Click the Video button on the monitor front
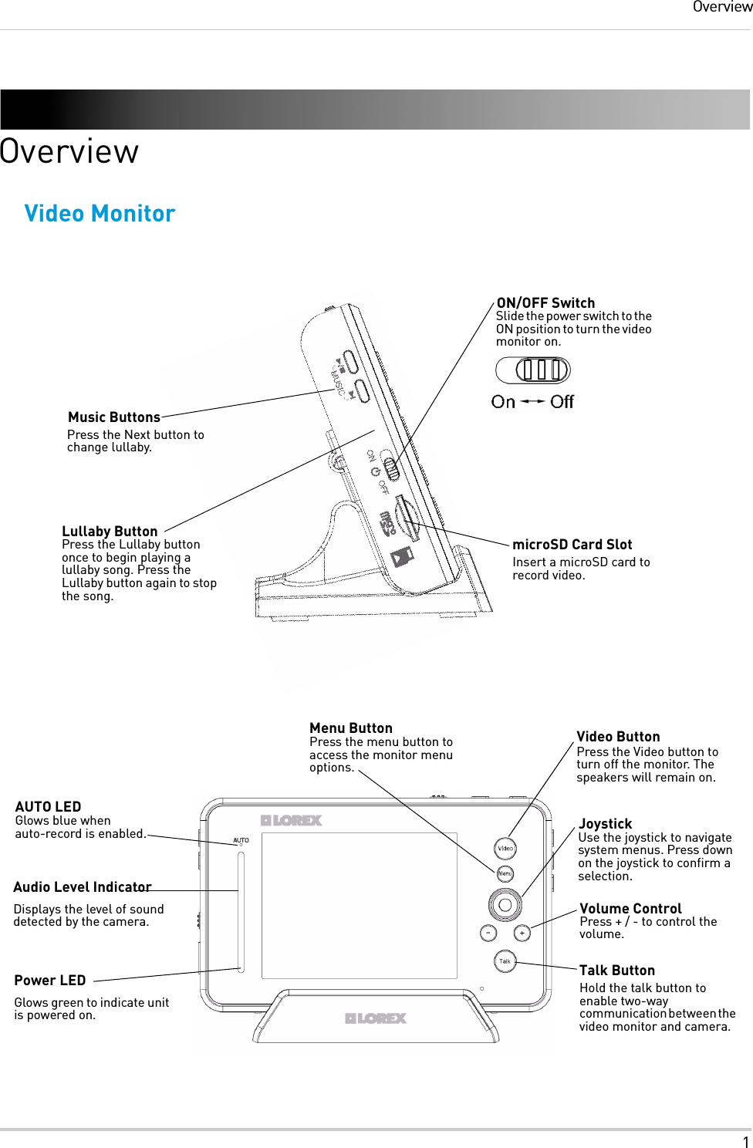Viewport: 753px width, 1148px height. (505, 848)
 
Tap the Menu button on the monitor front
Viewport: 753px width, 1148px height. (505, 873)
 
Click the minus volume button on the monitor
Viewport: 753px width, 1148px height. (488, 933)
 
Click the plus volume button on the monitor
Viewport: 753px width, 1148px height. (522, 933)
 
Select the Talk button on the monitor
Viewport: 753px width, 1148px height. (505, 961)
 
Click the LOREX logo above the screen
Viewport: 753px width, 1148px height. (291, 820)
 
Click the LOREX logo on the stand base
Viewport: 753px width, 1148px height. (376, 1018)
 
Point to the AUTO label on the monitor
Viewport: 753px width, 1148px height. (241, 840)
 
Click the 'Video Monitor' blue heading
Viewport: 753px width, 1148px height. (100, 214)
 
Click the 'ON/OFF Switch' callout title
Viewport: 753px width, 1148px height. (545, 303)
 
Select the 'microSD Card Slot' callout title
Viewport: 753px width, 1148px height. (572, 545)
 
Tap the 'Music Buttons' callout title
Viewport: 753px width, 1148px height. (114, 417)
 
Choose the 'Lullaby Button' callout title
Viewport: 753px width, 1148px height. (110, 532)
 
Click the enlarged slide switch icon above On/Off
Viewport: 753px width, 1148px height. (533, 370)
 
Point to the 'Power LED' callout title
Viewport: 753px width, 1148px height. (50, 981)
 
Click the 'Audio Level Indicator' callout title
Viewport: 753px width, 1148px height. (83, 887)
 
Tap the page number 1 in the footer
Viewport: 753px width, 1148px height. (745, 1143)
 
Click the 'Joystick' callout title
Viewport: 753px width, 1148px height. (605, 824)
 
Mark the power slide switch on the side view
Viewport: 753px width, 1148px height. (392, 469)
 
